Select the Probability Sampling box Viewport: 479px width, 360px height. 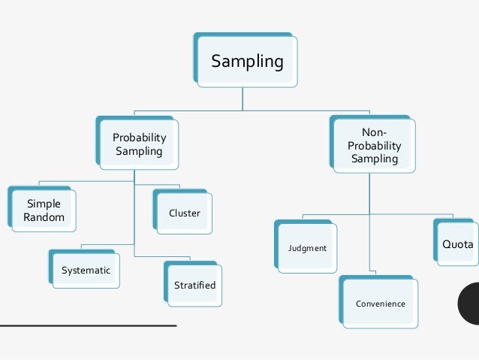[139, 144]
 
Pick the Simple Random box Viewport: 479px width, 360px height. [44, 210]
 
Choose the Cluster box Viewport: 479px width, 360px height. [185, 213]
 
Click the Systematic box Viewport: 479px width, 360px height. [86, 270]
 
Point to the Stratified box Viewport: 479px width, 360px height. [194, 285]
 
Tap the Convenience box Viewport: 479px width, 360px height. [380, 304]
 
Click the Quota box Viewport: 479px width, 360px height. [456, 244]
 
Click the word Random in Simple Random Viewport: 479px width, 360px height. [44, 218]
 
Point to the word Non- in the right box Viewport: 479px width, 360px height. [375, 132]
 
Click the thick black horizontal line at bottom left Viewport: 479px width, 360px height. [88, 325]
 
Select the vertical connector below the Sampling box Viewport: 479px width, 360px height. [242, 99]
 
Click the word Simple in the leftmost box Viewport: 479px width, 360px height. [44, 204]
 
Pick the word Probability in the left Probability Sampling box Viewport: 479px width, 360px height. [139, 138]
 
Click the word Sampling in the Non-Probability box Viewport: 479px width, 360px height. [375, 159]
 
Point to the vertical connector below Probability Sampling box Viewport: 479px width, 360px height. [134, 210]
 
